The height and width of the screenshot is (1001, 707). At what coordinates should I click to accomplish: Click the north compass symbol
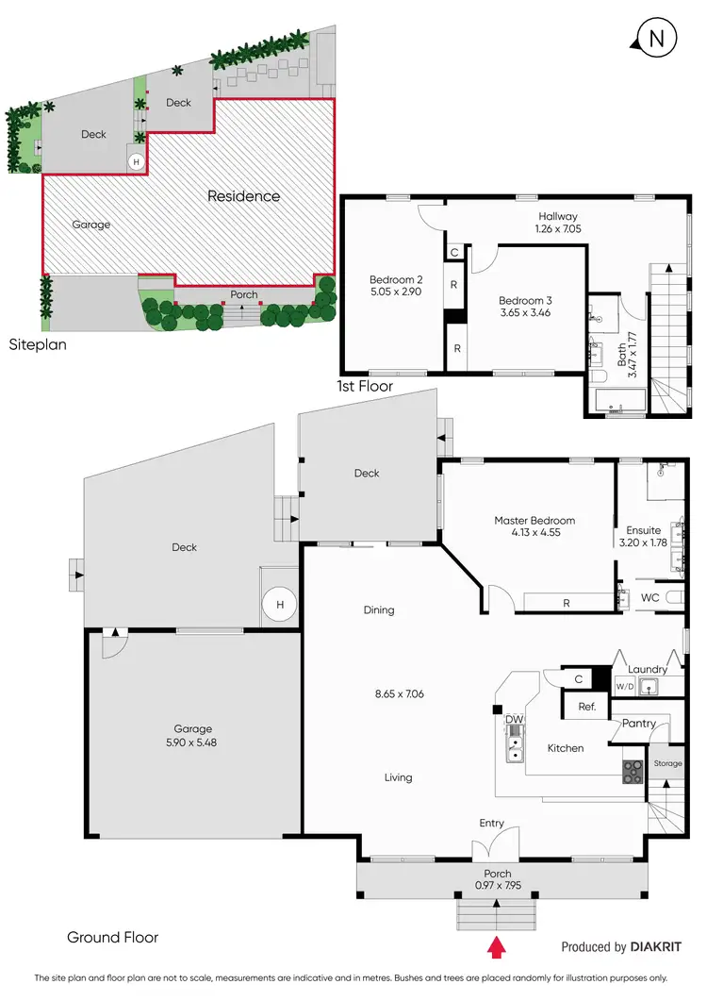click(658, 38)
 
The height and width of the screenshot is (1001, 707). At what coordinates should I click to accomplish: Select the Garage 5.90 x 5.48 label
click(192, 735)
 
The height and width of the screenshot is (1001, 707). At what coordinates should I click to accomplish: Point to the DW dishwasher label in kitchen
click(514, 720)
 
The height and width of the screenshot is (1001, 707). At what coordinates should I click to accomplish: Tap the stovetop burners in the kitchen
click(632, 773)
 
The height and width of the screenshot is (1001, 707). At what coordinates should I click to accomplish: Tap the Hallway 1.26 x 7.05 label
click(558, 222)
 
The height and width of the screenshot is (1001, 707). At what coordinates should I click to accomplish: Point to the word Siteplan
click(38, 345)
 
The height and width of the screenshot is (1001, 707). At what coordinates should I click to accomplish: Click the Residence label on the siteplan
click(244, 196)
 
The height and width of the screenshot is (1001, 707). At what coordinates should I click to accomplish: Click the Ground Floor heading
click(112, 937)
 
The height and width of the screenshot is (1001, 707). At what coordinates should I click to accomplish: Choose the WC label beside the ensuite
click(649, 598)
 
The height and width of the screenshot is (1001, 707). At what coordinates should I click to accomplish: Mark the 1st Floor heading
click(365, 387)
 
